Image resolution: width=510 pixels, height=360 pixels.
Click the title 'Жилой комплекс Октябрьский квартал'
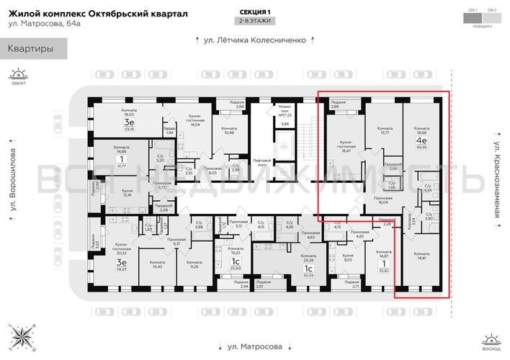pos(98,14)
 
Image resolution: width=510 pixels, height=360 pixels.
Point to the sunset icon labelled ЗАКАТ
pos(18,76)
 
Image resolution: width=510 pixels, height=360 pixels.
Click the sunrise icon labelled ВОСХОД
pos(492,341)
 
